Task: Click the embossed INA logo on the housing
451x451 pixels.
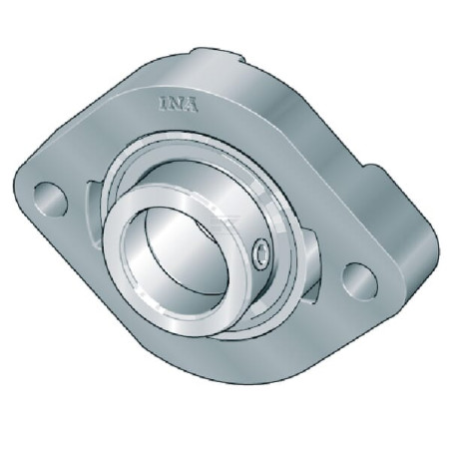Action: (179, 104)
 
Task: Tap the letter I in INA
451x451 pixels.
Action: (164, 104)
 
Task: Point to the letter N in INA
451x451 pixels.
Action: (176, 104)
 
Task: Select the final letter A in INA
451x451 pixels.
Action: (191, 105)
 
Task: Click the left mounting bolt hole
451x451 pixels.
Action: (51, 200)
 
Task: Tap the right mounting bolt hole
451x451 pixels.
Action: (360, 282)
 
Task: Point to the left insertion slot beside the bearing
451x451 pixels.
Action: (94, 213)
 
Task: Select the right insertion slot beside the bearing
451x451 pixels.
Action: (312, 262)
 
